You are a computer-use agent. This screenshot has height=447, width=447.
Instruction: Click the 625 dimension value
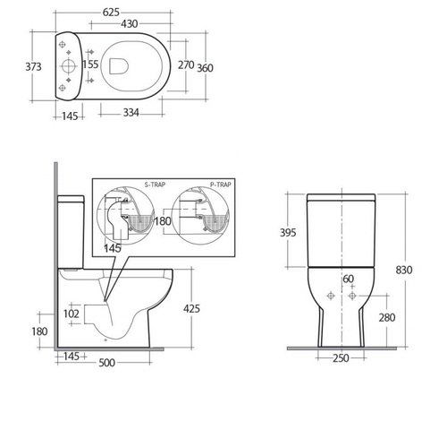[x=111, y=13]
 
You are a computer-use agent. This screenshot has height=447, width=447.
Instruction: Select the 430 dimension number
[x=129, y=23]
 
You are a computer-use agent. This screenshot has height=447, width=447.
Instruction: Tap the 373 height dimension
[x=33, y=66]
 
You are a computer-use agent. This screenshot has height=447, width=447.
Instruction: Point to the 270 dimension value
[x=186, y=64]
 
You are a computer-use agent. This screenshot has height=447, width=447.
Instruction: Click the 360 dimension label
[x=205, y=68]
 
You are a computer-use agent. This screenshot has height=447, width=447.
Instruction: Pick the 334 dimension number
[x=131, y=113]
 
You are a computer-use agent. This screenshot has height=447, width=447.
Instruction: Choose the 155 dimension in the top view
[x=90, y=64]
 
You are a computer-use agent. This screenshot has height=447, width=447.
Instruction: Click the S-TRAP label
[x=155, y=185]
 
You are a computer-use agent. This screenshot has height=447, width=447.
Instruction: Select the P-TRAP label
[x=221, y=185]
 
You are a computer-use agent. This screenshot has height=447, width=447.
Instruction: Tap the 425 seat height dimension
[x=191, y=308]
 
